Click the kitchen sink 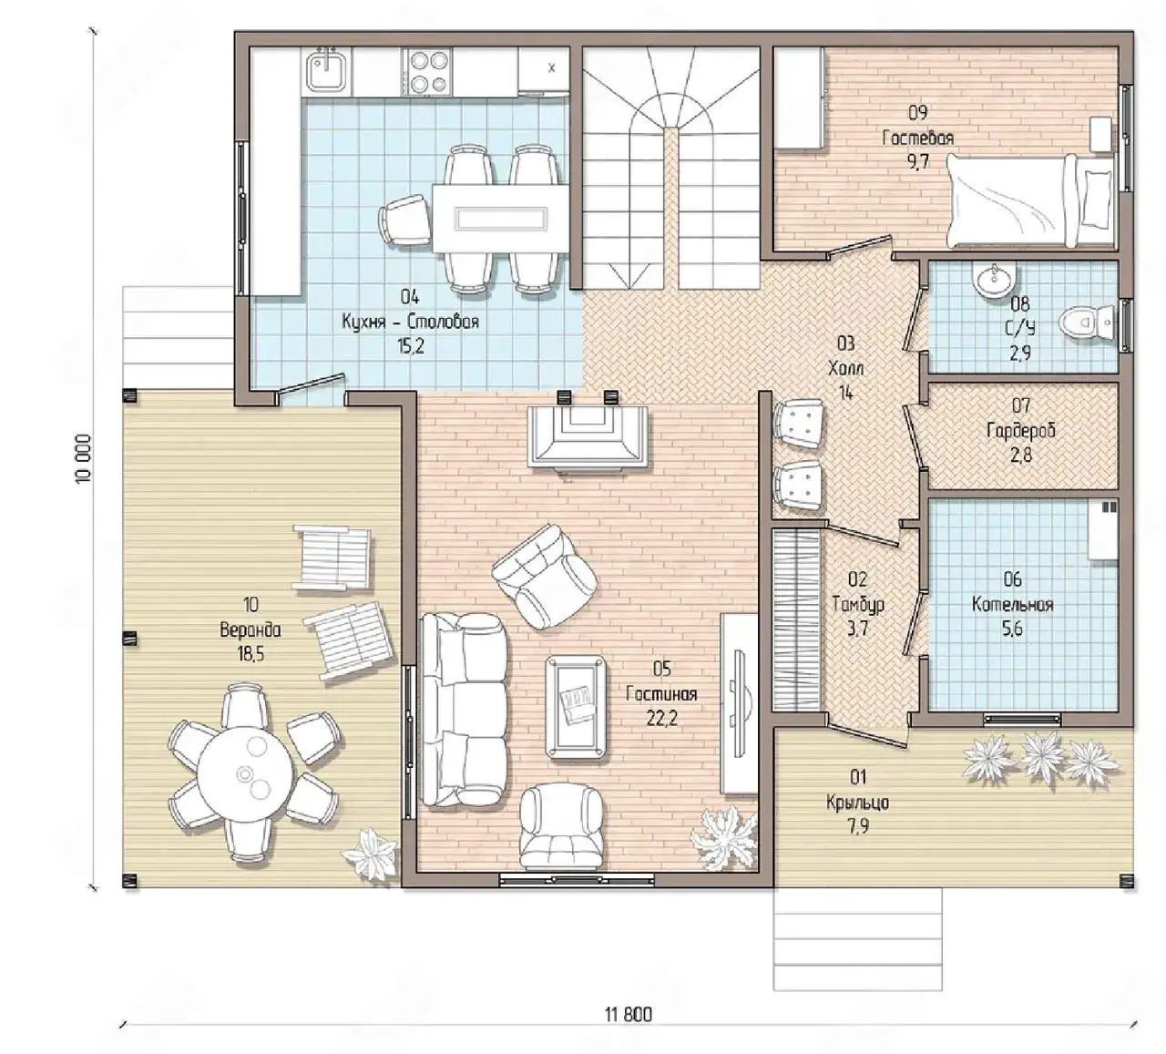click(x=328, y=72)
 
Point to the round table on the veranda click(x=245, y=773)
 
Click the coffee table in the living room click(x=577, y=707)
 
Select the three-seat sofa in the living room click(x=464, y=710)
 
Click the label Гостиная click(x=661, y=693)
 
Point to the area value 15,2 click(x=410, y=346)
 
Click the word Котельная click(x=1013, y=605)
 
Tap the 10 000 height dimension click(x=84, y=459)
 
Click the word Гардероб click(x=1021, y=431)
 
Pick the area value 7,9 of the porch click(x=858, y=825)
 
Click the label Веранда click(x=250, y=629)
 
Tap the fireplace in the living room click(x=587, y=435)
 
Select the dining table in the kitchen click(x=500, y=218)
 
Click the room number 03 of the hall click(x=845, y=343)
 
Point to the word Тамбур click(x=858, y=605)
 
